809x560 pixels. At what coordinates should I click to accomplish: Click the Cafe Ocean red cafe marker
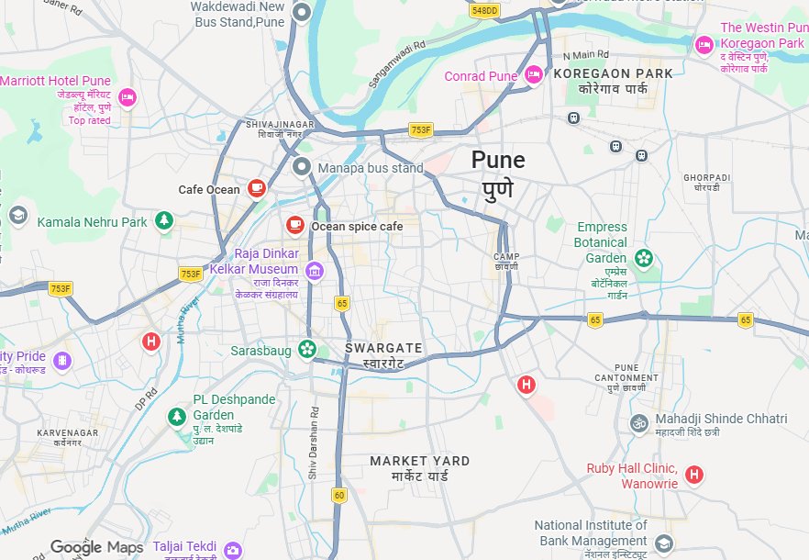pos(257,188)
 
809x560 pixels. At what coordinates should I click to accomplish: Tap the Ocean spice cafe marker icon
pos(294,225)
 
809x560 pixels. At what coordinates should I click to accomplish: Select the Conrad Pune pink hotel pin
pos(534,75)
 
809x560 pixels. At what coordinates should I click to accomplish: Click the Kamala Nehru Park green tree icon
pos(164,220)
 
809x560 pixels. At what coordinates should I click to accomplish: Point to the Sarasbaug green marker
pos(307,349)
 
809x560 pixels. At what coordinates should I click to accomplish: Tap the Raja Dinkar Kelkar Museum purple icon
pos(315,270)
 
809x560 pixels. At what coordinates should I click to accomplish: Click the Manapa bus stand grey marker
pos(302,167)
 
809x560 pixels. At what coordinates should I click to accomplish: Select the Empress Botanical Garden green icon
pos(645,258)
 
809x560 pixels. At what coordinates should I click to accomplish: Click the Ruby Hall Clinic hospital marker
pos(694,475)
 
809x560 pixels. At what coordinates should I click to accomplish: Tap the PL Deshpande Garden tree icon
pos(176,417)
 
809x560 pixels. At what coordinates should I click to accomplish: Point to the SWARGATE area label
pos(383,348)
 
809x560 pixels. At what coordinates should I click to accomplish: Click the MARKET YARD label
pos(419,461)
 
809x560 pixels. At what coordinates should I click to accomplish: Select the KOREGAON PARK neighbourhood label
pos(626,73)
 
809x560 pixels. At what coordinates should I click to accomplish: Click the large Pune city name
pos(498,160)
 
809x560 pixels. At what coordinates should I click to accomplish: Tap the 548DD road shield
pos(484,10)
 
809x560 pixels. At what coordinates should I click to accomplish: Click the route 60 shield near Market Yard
pos(339,496)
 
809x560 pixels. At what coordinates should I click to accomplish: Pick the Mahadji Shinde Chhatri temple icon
pos(639,423)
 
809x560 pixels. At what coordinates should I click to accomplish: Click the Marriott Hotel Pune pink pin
pos(127,96)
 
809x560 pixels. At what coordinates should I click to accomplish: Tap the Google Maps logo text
pos(96,548)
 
